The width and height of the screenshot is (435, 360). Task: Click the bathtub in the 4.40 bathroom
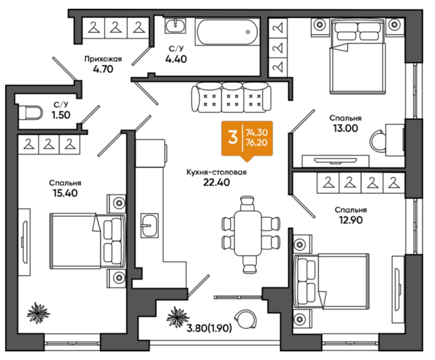click(227, 32)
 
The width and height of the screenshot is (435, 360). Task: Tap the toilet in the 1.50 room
click(31, 113)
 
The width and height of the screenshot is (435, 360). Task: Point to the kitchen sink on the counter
click(149, 225)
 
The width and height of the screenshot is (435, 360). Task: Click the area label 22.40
click(217, 182)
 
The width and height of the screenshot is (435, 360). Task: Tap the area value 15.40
click(65, 193)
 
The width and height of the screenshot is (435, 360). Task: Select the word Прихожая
click(103, 59)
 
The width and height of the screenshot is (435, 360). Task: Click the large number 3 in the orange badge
click(233, 138)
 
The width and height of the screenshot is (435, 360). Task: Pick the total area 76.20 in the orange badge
click(256, 143)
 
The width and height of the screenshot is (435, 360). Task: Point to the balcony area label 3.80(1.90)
click(209, 329)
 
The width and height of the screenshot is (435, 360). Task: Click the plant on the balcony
click(177, 317)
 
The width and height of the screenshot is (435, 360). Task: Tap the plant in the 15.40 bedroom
click(38, 313)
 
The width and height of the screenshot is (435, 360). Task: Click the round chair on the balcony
click(246, 319)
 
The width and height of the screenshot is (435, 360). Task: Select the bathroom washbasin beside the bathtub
click(176, 26)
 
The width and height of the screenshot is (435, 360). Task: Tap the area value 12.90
click(351, 220)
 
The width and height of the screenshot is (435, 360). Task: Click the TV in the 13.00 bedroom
click(336, 160)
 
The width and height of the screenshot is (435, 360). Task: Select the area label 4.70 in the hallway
click(103, 69)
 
